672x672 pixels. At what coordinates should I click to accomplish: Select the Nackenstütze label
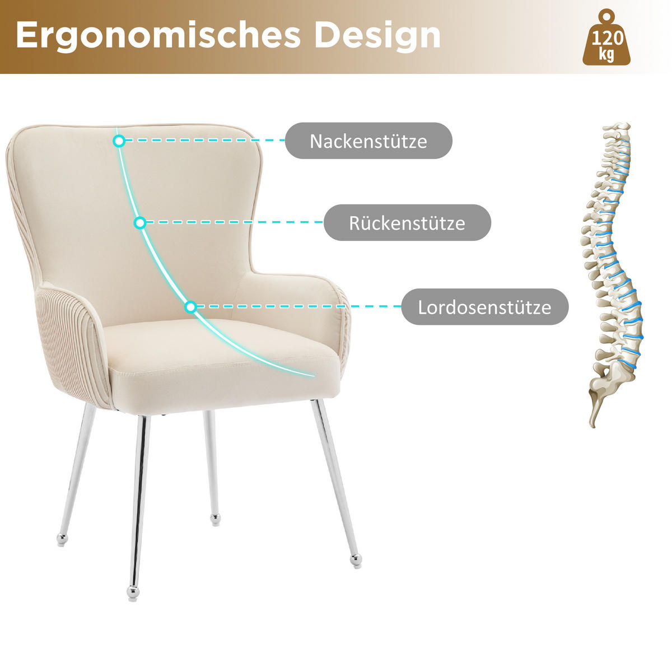[368, 141]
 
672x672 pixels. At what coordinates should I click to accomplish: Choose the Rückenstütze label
[407, 223]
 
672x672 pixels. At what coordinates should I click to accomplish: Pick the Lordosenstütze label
[484, 307]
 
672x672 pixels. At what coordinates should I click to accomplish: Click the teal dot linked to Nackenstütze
[119, 141]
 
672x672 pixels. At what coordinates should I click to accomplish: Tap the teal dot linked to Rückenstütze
[140, 223]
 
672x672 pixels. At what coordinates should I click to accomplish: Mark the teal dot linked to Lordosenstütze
[190, 307]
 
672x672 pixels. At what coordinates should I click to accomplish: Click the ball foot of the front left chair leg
[133, 592]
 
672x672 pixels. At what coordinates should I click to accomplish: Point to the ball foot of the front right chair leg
[356, 560]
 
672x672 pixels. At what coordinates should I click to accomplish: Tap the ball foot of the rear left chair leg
[62, 539]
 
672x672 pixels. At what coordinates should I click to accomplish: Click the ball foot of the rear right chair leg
[216, 520]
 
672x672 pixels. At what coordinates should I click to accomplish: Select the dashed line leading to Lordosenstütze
[297, 307]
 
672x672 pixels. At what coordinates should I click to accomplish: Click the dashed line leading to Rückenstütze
[232, 223]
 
